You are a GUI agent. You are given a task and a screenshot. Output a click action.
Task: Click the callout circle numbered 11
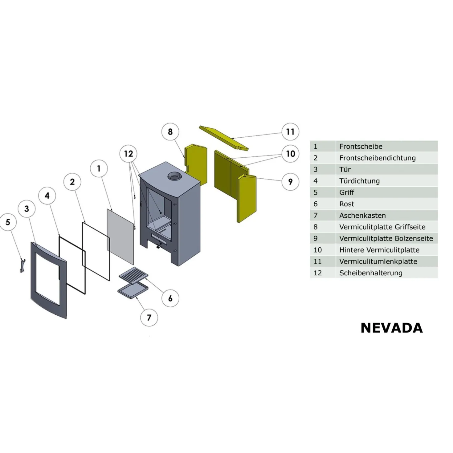pos(290,131)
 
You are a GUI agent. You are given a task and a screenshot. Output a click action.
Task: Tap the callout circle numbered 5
pos(8,222)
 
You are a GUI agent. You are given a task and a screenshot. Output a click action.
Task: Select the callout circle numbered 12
pos(129,154)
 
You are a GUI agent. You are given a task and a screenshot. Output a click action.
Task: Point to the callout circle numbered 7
pos(149,318)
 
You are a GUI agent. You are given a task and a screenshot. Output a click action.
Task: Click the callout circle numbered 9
pos(290,182)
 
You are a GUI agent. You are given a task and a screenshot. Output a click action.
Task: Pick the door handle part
pos(22,265)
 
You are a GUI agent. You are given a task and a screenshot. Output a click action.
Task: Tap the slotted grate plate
pos(134,276)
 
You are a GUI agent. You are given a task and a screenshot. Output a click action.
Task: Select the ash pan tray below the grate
pos(133,291)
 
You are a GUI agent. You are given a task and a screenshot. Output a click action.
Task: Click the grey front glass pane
pos(120,237)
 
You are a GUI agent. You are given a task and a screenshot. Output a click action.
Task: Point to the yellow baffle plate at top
pos(223,138)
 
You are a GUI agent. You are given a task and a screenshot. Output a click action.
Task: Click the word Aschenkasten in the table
pos(362,216)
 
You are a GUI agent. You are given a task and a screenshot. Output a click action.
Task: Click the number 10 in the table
pos(317,250)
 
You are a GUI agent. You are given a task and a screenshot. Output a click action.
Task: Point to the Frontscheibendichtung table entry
pos(377,158)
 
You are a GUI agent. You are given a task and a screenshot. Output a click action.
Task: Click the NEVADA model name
pos(392,328)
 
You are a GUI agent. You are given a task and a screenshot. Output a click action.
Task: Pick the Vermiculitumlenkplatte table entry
pos(378,261)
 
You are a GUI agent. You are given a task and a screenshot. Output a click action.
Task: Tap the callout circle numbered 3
pos(27,209)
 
